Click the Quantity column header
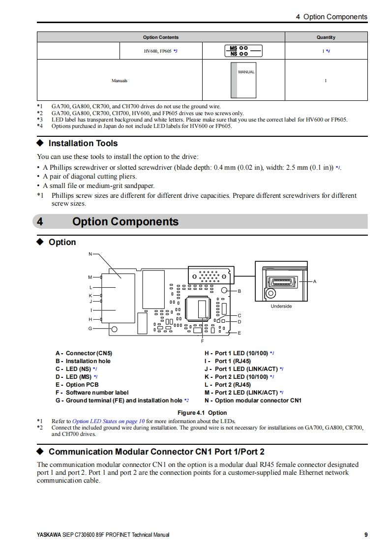(326, 37)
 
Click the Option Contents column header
(161, 37)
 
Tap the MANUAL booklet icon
(243, 81)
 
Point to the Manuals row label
(119, 81)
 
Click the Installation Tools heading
(83, 143)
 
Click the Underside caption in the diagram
(281, 306)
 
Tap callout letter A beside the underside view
(315, 281)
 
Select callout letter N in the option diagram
(90, 254)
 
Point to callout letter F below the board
(202, 340)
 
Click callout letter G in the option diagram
(90, 328)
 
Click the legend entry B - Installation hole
(83, 361)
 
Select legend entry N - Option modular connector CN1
(253, 400)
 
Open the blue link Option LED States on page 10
(108, 421)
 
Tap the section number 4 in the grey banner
(40, 222)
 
